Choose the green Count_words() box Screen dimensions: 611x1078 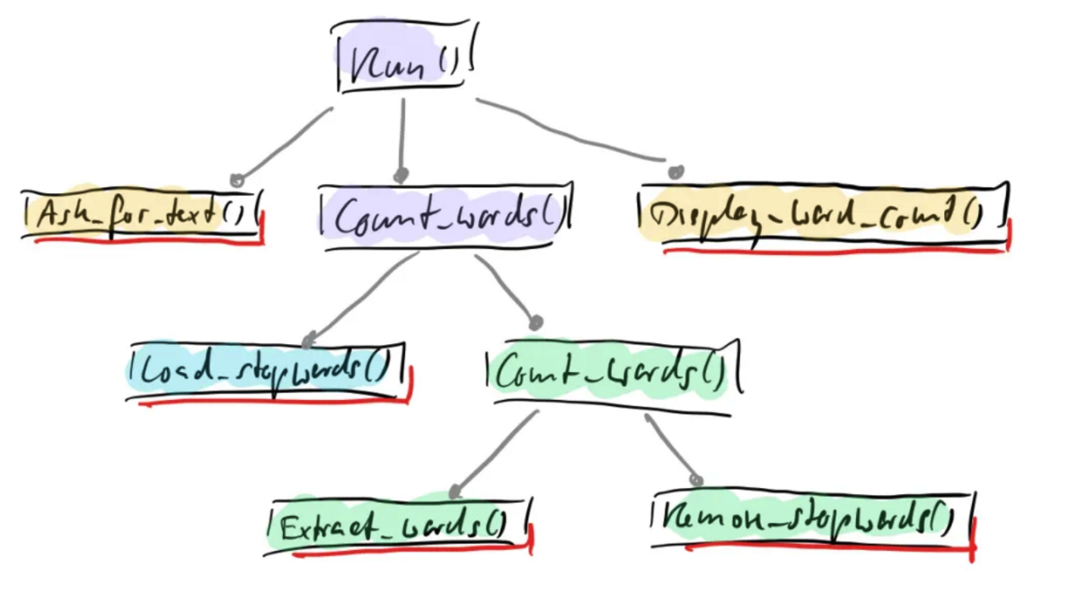(611, 373)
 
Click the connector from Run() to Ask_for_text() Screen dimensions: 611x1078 (283, 144)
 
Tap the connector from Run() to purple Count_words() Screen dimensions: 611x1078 (402, 135)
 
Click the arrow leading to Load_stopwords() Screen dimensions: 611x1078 (359, 297)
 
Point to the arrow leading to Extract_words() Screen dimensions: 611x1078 (494, 454)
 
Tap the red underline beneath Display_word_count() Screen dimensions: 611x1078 (835, 252)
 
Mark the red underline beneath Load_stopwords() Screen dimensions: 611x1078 (269, 403)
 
